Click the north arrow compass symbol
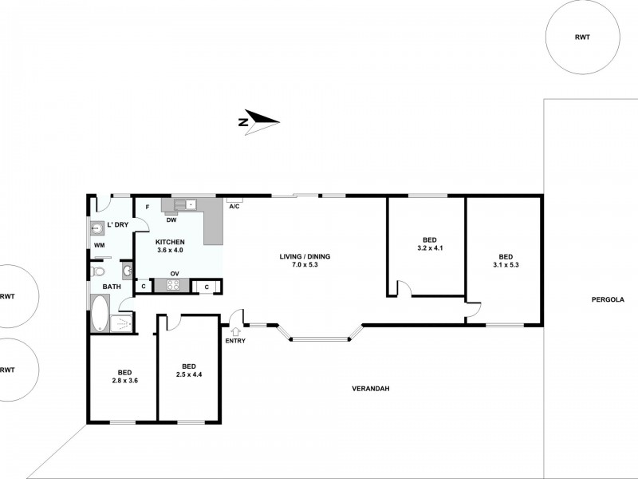point(259,121)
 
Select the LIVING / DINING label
point(305,261)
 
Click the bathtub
point(100,315)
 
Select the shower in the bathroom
point(122,323)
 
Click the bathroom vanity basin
point(127,269)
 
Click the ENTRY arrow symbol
point(236,331)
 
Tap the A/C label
point(234,207)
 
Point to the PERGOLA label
point(608,300)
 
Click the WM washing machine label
point(99,244)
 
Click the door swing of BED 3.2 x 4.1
point(404,288)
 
